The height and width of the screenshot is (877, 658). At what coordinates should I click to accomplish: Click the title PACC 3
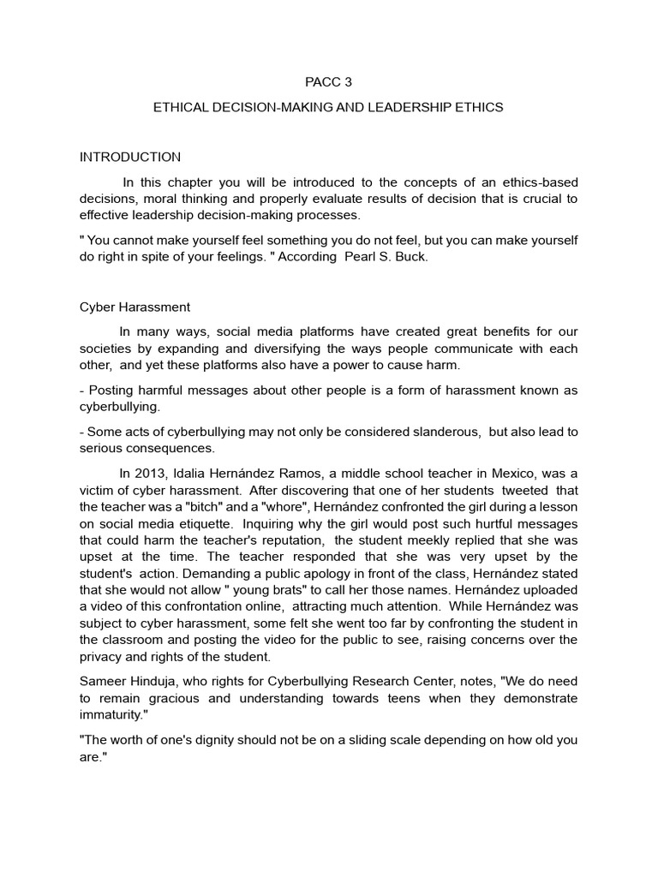tap(328, 83)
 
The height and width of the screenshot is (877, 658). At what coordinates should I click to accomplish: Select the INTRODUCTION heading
tap(130, 157)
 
